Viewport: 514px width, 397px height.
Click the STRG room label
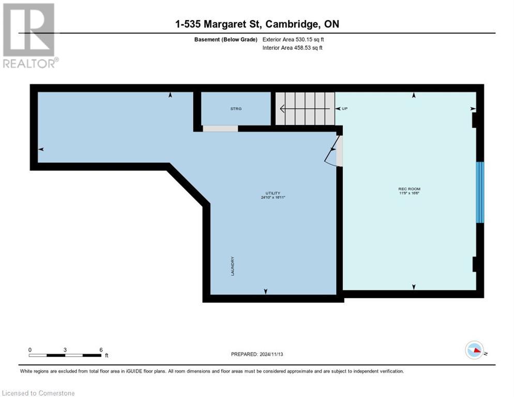236,109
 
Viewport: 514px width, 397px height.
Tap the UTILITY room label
274,193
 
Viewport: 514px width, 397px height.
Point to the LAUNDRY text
233,266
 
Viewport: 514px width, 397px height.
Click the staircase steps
305,109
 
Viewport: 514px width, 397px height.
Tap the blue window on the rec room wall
480,192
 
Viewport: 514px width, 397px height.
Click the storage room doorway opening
220,128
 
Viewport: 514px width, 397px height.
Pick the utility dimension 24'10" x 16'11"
274,197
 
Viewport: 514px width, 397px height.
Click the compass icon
475,350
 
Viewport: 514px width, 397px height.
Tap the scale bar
65,355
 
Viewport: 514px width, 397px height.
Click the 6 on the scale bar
100,349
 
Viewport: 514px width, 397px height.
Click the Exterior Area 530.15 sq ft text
293,39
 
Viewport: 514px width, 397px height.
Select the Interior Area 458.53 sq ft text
293,48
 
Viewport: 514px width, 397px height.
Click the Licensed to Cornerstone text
39,393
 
